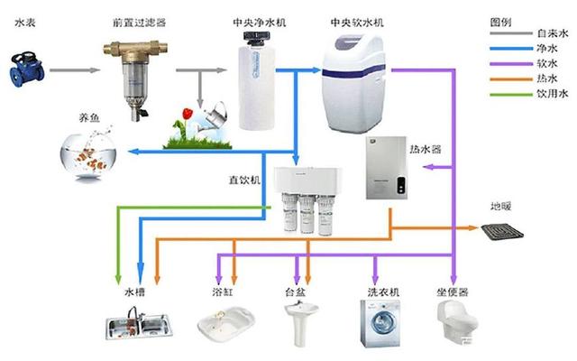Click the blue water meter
point(27,70)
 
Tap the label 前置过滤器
point(139,23)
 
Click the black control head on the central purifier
point(256,37)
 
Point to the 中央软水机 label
point(357,23)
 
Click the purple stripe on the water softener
point(353,70)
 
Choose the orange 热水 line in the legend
point(511,79)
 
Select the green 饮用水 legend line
point(511,94)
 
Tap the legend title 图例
point(501,22)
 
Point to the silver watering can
point(214,116)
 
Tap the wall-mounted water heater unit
point(387,168)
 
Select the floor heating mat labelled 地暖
point(502,232)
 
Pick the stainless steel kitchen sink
point(139,325)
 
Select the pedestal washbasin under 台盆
point(301,323)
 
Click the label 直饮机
point(244,180)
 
